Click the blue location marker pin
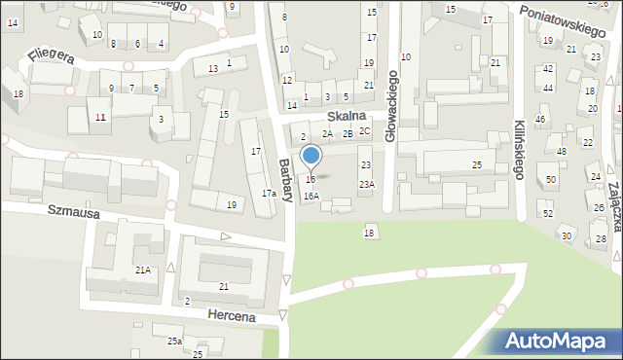click(311, 156)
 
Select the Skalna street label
click(346, 115)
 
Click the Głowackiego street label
click(391, 106)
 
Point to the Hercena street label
click(231, 316)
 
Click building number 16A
click(311, 196)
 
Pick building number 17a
click(269, 193)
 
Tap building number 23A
click(366, 184)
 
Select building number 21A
click(142, 270)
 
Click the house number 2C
click(365, 130)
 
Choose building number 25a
click(174, 342)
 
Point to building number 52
click(547, 213)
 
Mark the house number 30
click(566, 236)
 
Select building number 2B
click(347, 133)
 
